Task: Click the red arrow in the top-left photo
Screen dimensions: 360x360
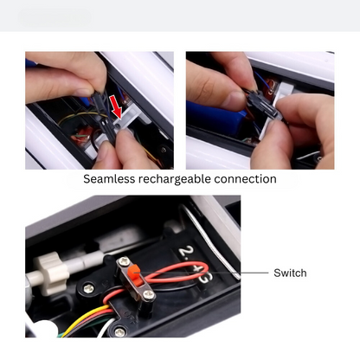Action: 116,107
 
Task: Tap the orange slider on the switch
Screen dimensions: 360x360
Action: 134,273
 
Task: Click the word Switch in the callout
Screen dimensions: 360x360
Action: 290,273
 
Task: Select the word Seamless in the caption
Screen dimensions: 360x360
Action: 109,179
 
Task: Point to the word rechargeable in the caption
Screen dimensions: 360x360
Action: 175,179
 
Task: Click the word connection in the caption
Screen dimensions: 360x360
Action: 245,179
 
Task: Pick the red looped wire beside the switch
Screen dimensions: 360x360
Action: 176,273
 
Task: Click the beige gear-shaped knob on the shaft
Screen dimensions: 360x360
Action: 52,273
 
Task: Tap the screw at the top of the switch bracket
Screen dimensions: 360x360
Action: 124,262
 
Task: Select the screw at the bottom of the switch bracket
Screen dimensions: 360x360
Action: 149,294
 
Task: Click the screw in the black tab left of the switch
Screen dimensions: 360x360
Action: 88,288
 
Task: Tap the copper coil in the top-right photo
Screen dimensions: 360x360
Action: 272,87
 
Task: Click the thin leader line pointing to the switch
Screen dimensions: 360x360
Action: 202,273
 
